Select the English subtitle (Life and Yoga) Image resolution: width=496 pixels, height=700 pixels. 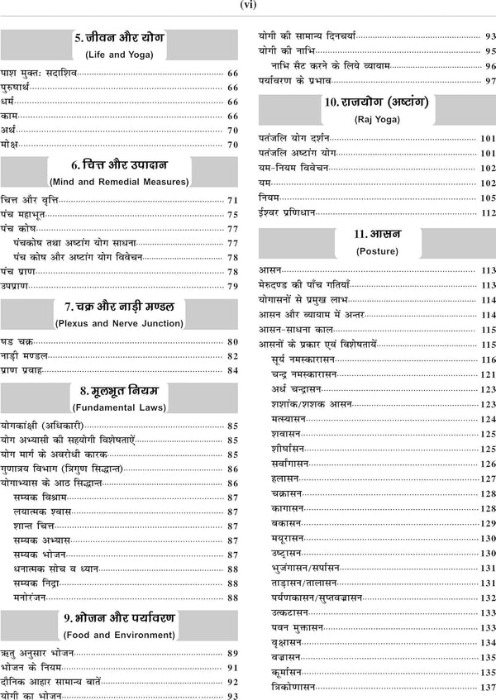click(x=119, y=55)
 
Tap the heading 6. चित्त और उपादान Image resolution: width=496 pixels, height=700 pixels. click(x=119, y=164)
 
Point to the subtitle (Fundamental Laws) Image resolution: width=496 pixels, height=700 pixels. click(x=119, y=407)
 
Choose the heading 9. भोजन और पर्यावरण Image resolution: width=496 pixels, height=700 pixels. click(x=119, y=617)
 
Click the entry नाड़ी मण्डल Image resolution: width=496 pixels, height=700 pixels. click(x=25, y=355)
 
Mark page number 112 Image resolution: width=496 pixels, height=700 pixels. click(x=487, y=212)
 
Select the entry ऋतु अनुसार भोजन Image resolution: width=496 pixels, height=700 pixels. click(x=37, y=653)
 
